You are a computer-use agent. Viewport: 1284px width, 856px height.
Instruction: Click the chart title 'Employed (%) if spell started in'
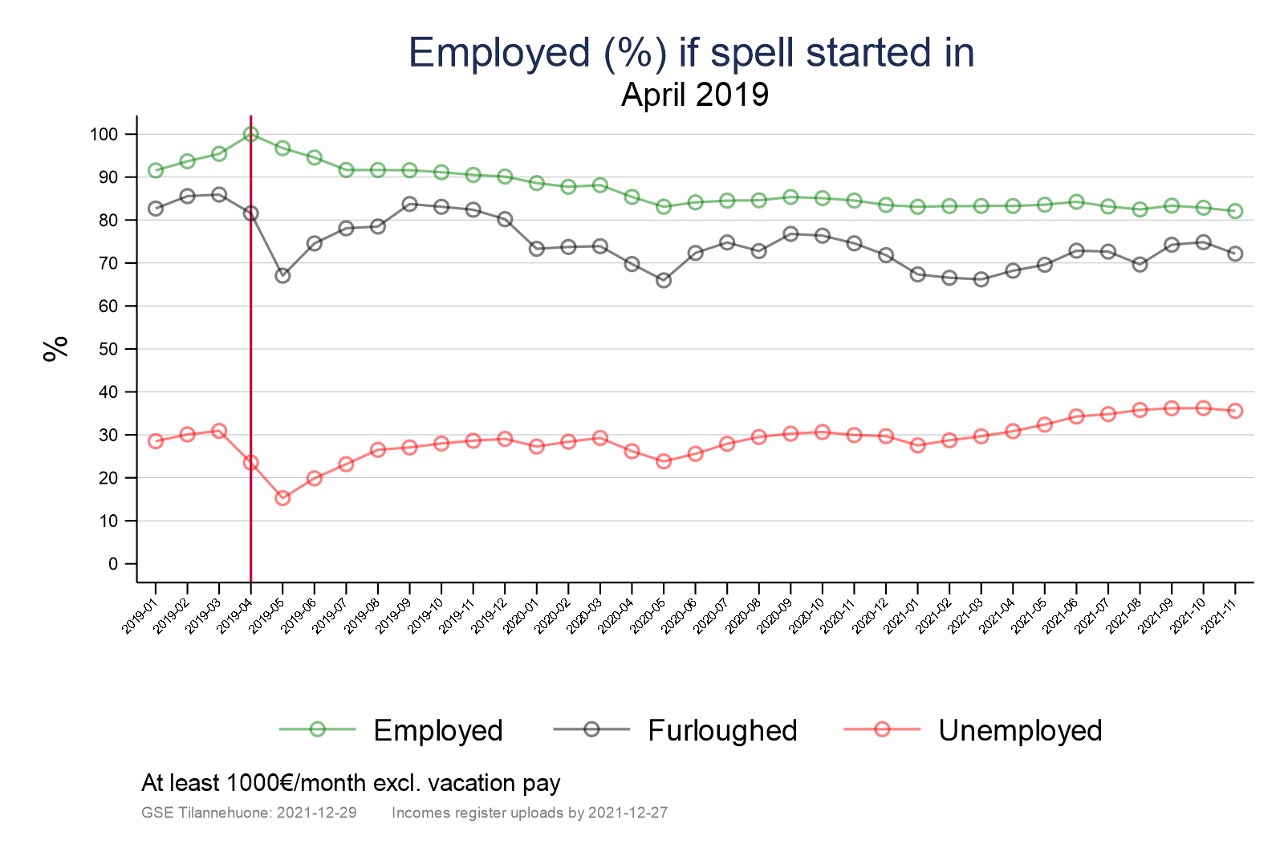click(x=691, y=53)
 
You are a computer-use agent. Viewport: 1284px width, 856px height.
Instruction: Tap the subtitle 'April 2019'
click(x=695, y=95)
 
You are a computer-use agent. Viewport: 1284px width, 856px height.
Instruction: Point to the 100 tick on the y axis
click(x=104, y=135)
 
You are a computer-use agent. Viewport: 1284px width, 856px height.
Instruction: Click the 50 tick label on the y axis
click(x=108, y=350)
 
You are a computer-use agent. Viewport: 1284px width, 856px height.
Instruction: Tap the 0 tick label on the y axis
click(x=112, y=564)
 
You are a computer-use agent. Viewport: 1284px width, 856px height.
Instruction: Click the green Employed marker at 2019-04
click(x=250, y=134)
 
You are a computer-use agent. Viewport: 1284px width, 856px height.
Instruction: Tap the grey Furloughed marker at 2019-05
click(x=282, y=275)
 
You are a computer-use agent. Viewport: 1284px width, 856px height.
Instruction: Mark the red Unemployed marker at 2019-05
click(x=282, y=498)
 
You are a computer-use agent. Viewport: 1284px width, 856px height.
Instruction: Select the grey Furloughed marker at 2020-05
click(x=664, y=280)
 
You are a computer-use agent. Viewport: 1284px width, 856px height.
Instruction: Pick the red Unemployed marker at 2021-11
click(x=1235, y=411)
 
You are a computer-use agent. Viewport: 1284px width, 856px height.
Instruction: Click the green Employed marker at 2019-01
click(x=156, y=170)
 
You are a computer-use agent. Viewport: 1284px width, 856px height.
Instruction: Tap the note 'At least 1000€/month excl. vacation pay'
click(x=351, y=783)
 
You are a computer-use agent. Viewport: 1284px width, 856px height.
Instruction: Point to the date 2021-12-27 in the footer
click(x=628, y=813)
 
